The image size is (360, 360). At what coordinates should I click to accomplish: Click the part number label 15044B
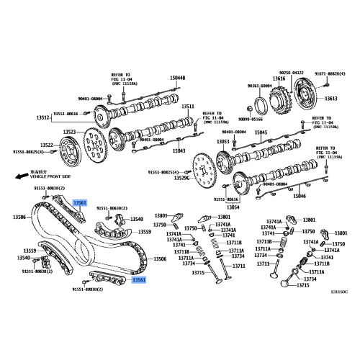point(177,78)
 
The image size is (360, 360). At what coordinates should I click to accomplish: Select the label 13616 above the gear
point(279,78)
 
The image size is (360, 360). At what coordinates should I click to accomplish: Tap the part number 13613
point(330,99)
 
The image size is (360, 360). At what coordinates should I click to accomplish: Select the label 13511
point(187,107)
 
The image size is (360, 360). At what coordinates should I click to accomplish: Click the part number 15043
point(179,151)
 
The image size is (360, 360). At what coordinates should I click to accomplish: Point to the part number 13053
point(223,141)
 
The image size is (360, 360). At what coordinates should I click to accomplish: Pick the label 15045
point(261,132)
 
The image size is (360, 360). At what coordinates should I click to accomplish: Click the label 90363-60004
point(260,86)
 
